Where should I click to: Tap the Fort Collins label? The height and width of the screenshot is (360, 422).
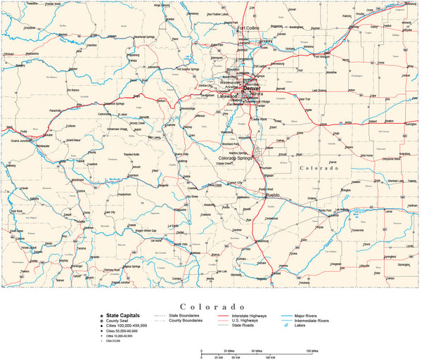pyautogui.click(x=252, y=28)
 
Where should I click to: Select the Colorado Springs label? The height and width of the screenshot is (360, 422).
pyautogui.click(x=238, y=158)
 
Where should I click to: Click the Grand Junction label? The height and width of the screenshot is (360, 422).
pyautogui.click(x=25, y=141)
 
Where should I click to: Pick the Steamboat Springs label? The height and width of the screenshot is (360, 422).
pyautogui.click(x=143, y=37)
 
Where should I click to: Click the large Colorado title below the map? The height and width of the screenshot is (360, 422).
pyautogui.click(x=210, y=306)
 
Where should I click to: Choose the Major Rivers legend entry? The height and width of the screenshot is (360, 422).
pyautogui.click(x=313, y=316)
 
